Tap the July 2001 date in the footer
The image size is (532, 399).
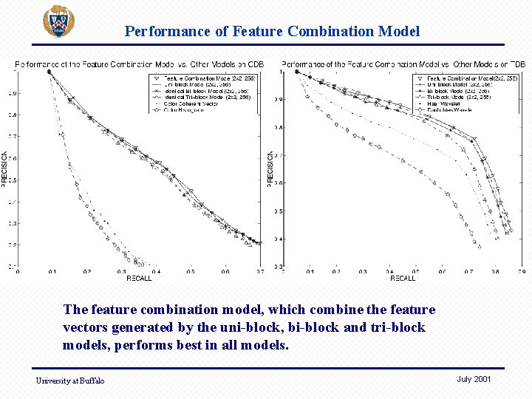coord(474,379)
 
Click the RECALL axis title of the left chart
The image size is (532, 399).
coord(138,279)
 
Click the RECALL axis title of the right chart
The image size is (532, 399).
coord(403,279)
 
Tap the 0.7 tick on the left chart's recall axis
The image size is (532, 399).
coord(259,272)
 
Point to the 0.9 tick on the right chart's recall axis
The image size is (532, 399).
coord(522,272)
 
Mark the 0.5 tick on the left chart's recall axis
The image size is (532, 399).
coord(191,272)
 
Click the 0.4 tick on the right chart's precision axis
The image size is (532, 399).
coord(278,239)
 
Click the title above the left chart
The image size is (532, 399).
coord(139,64)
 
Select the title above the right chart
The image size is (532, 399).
coord(403,64)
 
